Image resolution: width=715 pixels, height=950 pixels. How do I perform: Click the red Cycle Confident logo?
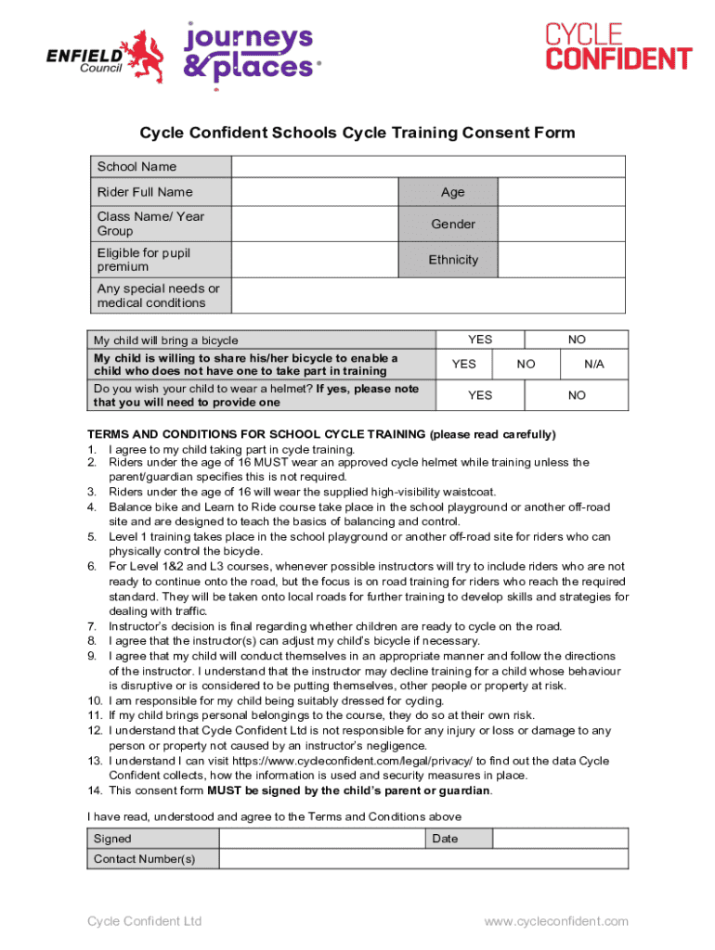[x=617, y=47]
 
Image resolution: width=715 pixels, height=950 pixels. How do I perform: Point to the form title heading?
[x=357, y=133]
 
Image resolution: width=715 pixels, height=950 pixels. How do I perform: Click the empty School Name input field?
[x=428, y=167]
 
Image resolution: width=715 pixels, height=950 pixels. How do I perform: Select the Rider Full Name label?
[x=145, y=192]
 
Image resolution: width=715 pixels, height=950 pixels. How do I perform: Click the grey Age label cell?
[x=453, y=192]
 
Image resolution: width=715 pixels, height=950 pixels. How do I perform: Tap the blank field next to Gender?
[x=562, y=224]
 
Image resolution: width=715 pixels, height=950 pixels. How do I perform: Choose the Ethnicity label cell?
[x=453, y=260]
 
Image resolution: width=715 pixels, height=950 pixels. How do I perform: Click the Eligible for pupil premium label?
[x=144, y=260]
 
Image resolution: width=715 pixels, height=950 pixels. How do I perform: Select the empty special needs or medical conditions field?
[x=428, y=296]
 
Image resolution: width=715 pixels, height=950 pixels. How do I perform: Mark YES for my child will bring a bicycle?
[x=480, y=340]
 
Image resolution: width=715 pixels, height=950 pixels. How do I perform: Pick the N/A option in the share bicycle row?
[x=594, y=365]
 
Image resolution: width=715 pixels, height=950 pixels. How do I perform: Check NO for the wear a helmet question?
[x=577, y=395]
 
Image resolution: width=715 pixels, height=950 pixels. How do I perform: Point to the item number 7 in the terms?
[x=92, y=626]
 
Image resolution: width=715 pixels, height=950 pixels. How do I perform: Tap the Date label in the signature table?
[x=445, y=839]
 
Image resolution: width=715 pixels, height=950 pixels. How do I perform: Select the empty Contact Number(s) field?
[x=423, y=859]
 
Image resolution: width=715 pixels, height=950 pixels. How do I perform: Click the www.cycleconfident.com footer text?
[x=555, y=921]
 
